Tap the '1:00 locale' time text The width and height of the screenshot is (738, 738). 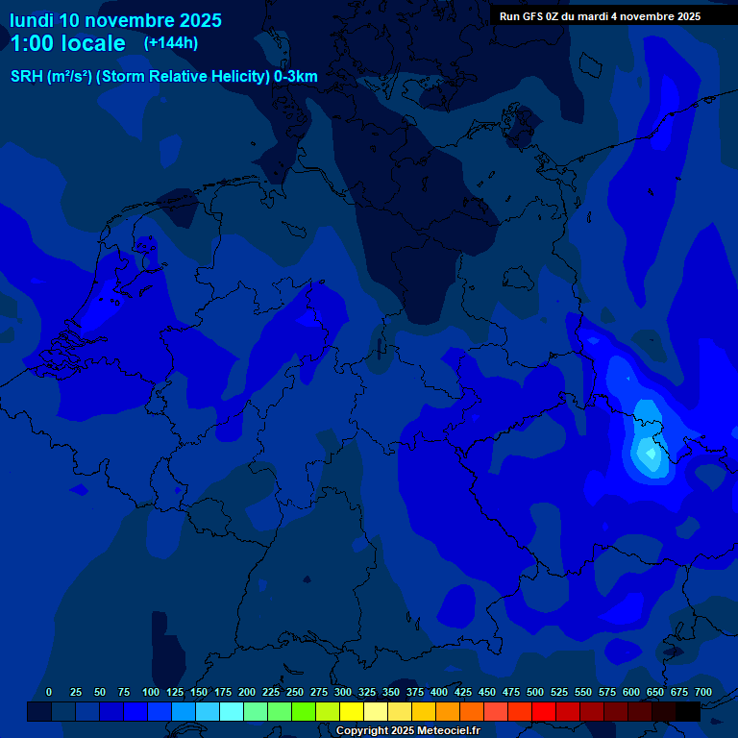[67, 43]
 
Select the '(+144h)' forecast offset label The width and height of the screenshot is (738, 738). [171, 43]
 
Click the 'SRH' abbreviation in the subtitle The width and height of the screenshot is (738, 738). [27, 77]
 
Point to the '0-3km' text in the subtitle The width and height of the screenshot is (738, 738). [296, 77]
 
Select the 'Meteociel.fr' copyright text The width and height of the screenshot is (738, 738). [443, 731]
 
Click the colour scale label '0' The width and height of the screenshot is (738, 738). [49, 692]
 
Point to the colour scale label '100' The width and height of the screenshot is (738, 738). [151, 692]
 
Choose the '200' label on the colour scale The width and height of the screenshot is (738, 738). [247, 692]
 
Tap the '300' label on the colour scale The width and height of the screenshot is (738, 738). [343, 692]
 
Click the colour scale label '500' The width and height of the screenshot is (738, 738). [535, 692]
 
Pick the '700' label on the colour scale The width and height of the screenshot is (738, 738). [703, 692]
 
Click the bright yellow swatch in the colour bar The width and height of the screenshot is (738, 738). [352, 711]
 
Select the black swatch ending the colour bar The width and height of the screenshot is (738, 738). [688, 711]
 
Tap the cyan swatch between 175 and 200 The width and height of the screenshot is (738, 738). [232, 711]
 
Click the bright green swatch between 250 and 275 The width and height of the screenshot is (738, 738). [304, 711]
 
